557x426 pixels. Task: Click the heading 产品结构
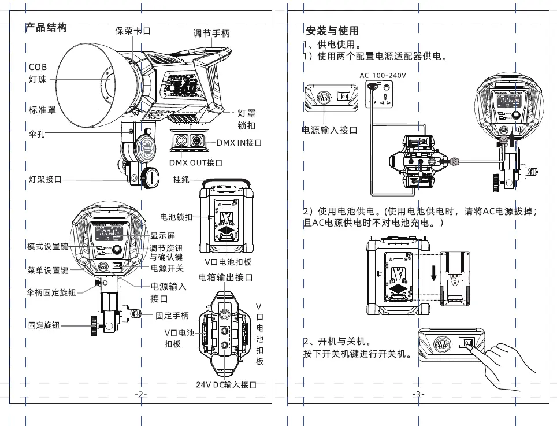pos(46,28)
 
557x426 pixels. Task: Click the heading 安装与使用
pos(332,31)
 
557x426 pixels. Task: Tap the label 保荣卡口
pos(133,31)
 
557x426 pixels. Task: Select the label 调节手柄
pos(211,34)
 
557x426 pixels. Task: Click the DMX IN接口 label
pos(239,142)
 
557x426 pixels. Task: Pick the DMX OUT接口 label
pos(196,163)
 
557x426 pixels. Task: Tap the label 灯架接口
pos(46,179)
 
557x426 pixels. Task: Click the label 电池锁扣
pos(176,217)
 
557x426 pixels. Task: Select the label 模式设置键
pos(48,247)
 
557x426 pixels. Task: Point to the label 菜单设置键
pos(48,270)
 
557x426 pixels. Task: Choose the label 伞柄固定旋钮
pos(51,292)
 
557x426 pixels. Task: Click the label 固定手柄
pos(172,316)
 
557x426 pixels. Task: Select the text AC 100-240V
pos(383,76)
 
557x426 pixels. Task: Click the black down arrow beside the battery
pos(433,272)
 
